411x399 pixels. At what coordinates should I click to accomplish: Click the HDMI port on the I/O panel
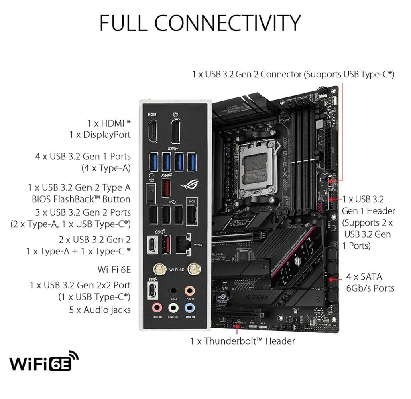153,131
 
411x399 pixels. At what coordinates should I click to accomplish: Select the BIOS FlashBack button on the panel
151,195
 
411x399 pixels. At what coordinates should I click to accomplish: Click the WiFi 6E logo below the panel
43,361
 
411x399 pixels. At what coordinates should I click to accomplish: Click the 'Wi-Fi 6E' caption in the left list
114,270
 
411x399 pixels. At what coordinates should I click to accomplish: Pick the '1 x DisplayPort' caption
100,135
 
